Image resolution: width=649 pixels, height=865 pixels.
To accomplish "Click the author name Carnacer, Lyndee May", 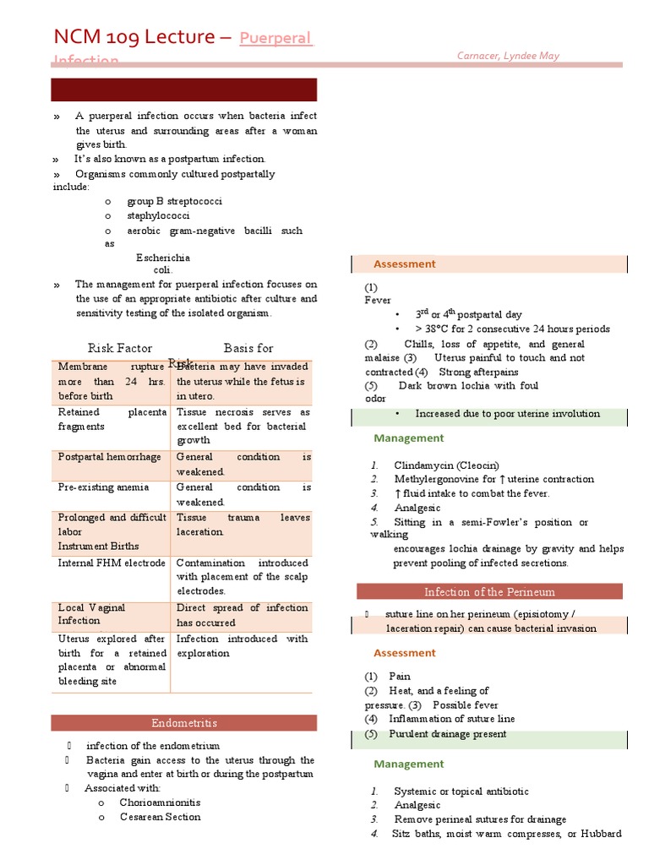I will click(x=508, y=56).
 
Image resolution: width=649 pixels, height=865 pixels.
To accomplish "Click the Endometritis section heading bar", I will click(x=184, y=723).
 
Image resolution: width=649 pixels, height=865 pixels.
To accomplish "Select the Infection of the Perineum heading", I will click(x=489, y=591).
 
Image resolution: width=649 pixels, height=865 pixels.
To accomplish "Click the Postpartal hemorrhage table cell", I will click(x=109, y=457).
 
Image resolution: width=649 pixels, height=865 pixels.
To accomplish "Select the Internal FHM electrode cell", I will click(x=112, y=563).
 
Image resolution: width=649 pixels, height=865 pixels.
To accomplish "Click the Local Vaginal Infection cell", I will click(x=92, y=614).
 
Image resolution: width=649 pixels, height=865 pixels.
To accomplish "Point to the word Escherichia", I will click(x=163, y=258).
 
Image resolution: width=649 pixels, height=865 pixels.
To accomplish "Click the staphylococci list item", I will click(x=158, y=216).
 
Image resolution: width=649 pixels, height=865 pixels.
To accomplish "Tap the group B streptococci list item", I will click(x=174, y=202).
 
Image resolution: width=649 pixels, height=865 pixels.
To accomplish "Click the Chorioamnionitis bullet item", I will click(x=160, y=802).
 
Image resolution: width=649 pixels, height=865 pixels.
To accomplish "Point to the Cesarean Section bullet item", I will click(x=160, y=817).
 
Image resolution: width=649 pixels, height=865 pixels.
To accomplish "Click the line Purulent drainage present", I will click(x=447, y=734).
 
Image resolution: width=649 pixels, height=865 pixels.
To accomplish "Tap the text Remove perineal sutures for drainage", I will click(x=479, y=819).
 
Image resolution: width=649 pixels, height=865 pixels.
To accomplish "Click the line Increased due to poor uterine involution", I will click(x=507, y=414).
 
